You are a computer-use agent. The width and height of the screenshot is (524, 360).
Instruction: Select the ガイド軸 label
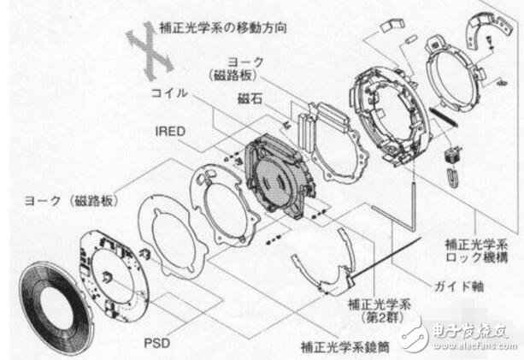[454, 284]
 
